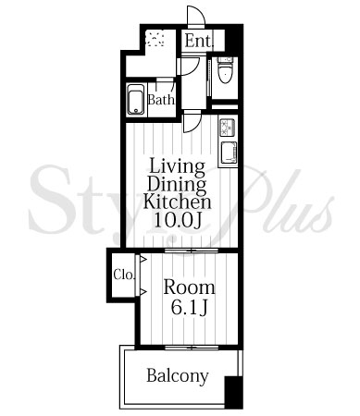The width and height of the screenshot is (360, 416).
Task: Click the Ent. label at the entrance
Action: tap(199, 41)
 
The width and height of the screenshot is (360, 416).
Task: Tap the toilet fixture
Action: tap(225, 70)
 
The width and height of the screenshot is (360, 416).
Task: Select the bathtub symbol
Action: tap(135, 100)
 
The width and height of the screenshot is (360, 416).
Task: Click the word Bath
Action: tap(161, 100)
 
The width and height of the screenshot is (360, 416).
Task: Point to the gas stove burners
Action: tap(228, 128)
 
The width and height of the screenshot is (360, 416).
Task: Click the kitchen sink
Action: tap(229, 153)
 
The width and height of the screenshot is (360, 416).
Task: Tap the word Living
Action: tap(178, 167)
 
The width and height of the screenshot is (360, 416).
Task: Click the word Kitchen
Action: tap(178, 202)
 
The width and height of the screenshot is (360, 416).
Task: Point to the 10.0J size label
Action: tap(178, 219)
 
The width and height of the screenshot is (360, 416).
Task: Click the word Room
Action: tap(189, 288)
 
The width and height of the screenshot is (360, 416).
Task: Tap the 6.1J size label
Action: tap(189, 307)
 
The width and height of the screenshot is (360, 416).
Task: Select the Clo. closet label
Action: tap(124, 275)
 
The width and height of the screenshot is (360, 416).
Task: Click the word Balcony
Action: tap(178, 376)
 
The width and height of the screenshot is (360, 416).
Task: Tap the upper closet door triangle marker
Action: tap(143, 260)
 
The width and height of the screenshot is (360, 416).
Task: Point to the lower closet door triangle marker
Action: tap(143, 291)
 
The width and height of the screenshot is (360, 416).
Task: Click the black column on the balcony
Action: tap(233, 392)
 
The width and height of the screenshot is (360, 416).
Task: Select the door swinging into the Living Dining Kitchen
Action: tap(192, 122)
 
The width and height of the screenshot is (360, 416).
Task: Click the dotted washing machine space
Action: tap(155, 38)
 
